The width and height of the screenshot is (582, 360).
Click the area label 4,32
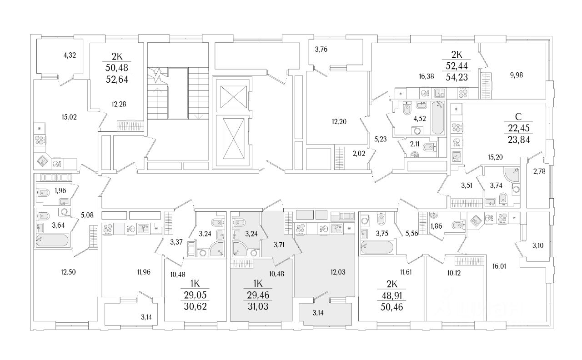70,56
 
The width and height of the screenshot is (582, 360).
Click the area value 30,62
195,305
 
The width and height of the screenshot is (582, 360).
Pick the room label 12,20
342,121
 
